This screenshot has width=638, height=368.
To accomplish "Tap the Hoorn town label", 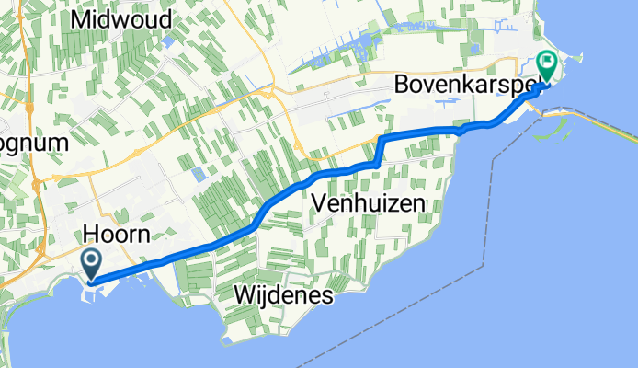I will point(116,234).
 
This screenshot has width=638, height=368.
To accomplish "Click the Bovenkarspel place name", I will point(464,84).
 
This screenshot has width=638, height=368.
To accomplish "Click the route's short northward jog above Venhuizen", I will point(378,150).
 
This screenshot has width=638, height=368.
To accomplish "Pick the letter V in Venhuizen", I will point(319,202).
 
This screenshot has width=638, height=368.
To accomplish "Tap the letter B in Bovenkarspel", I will point(402,84).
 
